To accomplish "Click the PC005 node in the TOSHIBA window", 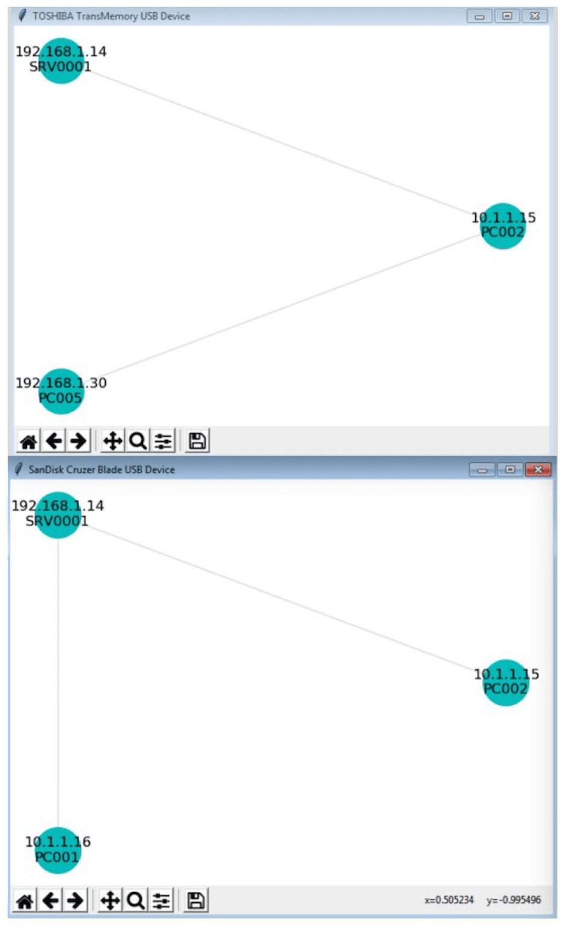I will pyautogui.click(x=60, y=391).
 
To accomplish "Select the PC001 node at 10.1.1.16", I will pyautogui.click(x=57, y=850).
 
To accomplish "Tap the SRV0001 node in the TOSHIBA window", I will pyautogui.click(x=60, y=60).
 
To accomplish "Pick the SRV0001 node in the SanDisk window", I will pyautogui.click(x=57, y=515).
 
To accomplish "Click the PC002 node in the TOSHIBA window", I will pyautogui.click(x=502, y=226).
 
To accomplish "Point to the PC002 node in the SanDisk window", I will pyautogui.click(x=505, y=683).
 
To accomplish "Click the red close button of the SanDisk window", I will pyautogui.click(x=537, y=470).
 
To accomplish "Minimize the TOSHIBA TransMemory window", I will pyautogui.click(x=479, y=16).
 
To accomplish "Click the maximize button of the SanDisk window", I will pyautogui.click(x=510, y=470).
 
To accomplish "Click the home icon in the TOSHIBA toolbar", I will pyautogui.click(x=28, y=441).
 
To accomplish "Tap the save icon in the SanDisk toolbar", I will pyautogui.click(x=195, y=901).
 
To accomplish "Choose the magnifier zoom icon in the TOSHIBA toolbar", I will pyautogui.click(x=138, y=441).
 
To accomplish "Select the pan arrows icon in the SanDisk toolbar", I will pyautogui.click(x=110, y=901).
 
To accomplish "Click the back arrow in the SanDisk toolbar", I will pyautogui.click(x=51, y=901).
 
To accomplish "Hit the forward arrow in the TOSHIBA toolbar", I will pyautogui.click(x=78, y=441).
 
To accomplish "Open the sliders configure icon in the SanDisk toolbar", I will pyautogui.click(x=161, y=901).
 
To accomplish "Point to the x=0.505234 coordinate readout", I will pyautogui.click(x=449, y=900).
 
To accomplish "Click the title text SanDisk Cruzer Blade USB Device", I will pyautogui.click(x=101, y=470).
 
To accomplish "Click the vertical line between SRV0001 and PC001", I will pyautogui.click(x=58, y=682).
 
